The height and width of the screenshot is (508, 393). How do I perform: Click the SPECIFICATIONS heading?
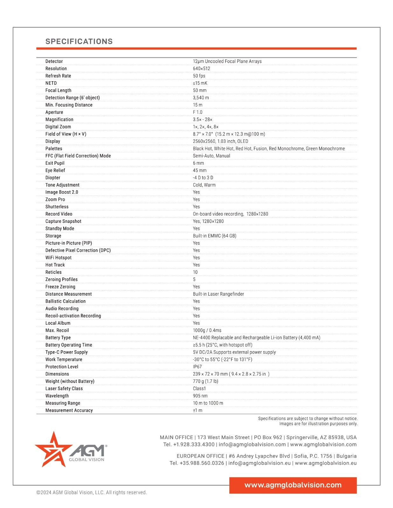click(x=79, y=41)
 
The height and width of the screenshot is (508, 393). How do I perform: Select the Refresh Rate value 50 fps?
click(x=199, y=76)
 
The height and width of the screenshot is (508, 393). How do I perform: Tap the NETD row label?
click(x=51, y=83)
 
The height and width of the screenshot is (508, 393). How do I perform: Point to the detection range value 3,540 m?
click(x=201, y=98)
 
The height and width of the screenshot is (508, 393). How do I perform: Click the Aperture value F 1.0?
click(x=197, y=112)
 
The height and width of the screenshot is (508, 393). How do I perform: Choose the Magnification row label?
click(x=59, y=120)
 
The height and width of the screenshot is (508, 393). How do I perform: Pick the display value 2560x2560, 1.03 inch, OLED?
click(x=220, y=141)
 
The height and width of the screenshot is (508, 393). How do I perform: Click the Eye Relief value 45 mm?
click(x=200, y=170)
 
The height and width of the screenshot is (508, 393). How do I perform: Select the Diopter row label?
click(x=53, y=178)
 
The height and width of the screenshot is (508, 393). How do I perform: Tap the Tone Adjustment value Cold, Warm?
click(x=204, y=185)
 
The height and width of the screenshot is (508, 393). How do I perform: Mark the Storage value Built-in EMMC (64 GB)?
click(x=215, y=236)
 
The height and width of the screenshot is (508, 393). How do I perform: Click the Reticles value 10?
click(x=195, y=272)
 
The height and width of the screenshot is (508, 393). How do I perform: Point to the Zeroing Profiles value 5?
click(x=194, y=280)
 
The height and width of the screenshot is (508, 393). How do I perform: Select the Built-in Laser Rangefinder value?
click(x=218, y=294)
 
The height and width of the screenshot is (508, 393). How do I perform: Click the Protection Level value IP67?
click(x=197, y=367)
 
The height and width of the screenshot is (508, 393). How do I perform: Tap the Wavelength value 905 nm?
click(x=200, y=396)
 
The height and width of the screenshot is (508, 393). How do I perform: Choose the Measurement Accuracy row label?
click(x=69, y=411)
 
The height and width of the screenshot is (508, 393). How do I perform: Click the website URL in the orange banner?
click(x=293, y=485)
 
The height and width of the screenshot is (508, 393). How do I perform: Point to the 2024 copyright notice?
click(x=92, y=492)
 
